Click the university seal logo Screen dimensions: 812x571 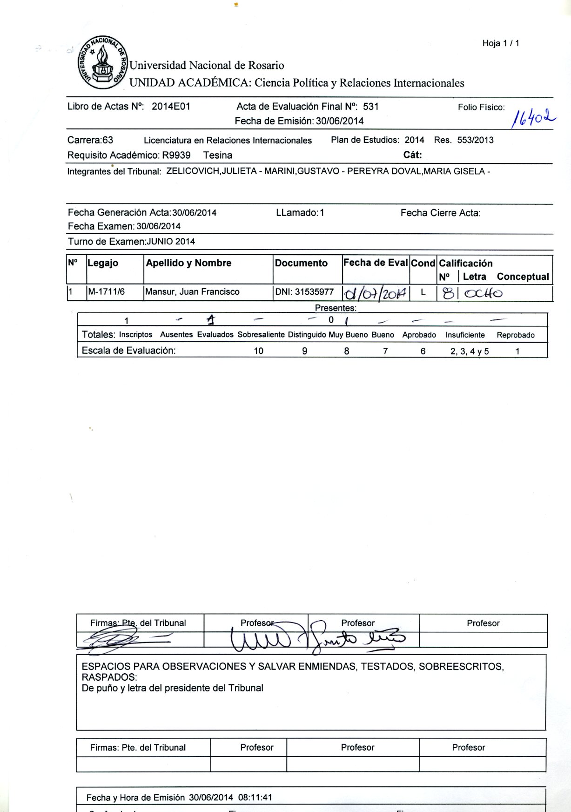pos(103,63)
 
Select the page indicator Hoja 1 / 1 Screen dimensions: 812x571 pos(501,43)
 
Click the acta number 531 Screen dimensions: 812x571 pos(371,107)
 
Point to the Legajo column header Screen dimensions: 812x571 pos(103,263)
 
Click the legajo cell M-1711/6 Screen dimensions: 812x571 pos(107,292)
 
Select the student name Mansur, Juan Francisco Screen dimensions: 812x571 pos(192,292)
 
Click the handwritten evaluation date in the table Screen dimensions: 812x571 pos(375,294)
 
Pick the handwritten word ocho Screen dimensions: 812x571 pos(484,294)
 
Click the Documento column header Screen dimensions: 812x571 pos(301,263)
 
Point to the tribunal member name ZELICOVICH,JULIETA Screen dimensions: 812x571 pos(211,171)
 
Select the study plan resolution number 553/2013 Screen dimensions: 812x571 pos(475,140)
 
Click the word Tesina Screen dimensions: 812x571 pos(218,155)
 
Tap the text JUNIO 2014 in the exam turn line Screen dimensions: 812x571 pos(171,242)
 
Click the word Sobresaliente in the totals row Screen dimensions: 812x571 pos(261,335)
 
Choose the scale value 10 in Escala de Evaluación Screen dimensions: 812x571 pos(258,351)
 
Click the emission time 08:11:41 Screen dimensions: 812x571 pos(255,798)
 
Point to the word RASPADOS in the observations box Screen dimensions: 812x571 pos(109,677)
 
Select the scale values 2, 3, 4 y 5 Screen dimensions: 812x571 pos(469,352)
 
